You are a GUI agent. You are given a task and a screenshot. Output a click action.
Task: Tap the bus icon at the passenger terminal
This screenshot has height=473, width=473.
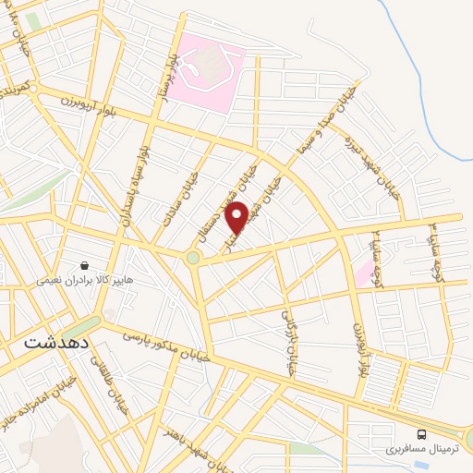point(421,432)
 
